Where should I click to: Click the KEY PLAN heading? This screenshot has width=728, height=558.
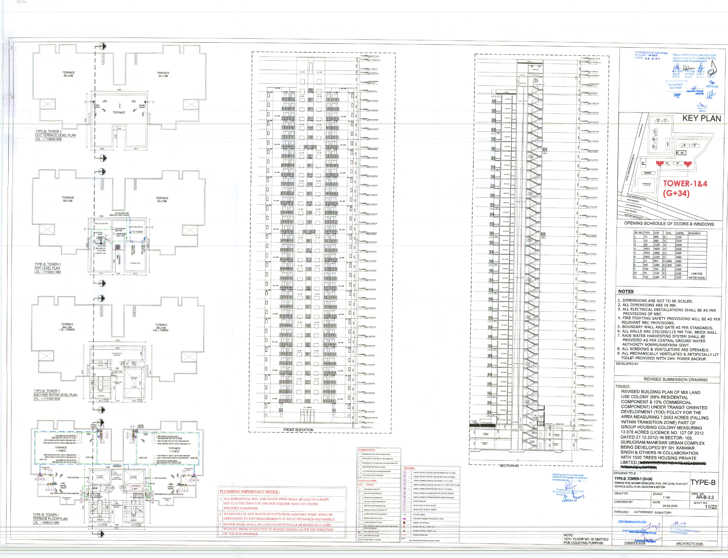point(702,119)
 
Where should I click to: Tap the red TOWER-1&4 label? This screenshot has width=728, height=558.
point(685,184)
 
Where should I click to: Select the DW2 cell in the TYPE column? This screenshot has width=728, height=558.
point(647,253)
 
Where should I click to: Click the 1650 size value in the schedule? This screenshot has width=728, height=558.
point(657,249)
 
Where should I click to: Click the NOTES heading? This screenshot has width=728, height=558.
point(626,291)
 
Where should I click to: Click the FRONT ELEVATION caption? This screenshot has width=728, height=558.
point(298,430)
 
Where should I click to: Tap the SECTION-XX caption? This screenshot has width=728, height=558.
point(509,466)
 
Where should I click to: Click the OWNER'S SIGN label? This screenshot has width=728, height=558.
point(635,543)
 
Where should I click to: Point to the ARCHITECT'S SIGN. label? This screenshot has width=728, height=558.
point(689,543)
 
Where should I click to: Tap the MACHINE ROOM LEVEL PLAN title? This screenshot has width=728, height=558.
point(55,395)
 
